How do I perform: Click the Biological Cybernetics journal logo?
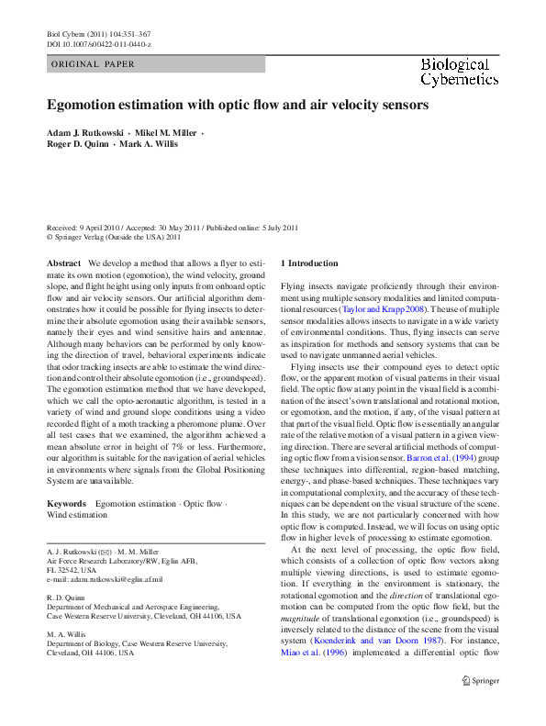tap(454, 72)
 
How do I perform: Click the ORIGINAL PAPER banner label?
tap(94, 64)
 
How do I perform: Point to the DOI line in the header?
tap(98, 44)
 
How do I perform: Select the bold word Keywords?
tap(66, 504)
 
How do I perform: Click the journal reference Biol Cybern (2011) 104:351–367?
tap(98, 32)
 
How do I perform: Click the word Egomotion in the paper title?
tap(85, 106)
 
